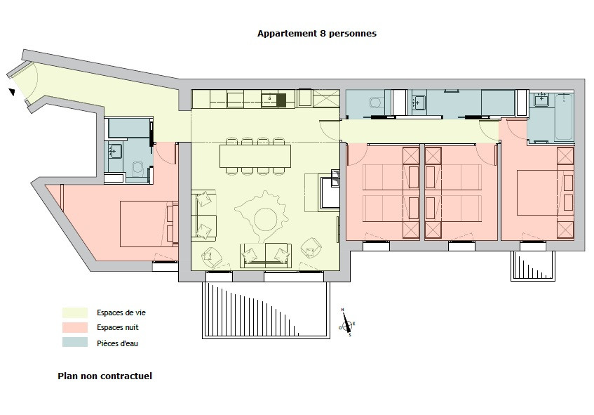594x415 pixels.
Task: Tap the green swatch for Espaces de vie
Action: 75,312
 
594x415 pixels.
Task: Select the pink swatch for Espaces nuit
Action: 75,327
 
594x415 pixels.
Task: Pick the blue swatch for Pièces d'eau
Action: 75,343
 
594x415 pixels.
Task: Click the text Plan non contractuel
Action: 104,376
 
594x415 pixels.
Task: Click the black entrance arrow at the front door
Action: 12,91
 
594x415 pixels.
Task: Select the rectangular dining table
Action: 255,155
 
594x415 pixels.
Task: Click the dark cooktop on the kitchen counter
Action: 281,100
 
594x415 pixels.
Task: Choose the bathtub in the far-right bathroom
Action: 562,115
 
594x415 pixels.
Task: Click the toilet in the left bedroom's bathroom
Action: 137,169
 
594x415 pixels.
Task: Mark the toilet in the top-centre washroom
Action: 376,104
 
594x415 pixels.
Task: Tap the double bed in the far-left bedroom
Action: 147,224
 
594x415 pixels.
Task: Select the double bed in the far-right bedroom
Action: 539,192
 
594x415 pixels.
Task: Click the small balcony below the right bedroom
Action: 533,265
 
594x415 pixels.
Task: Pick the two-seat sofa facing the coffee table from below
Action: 266,253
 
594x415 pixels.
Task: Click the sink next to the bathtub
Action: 541,100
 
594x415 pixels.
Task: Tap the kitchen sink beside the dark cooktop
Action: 269,100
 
